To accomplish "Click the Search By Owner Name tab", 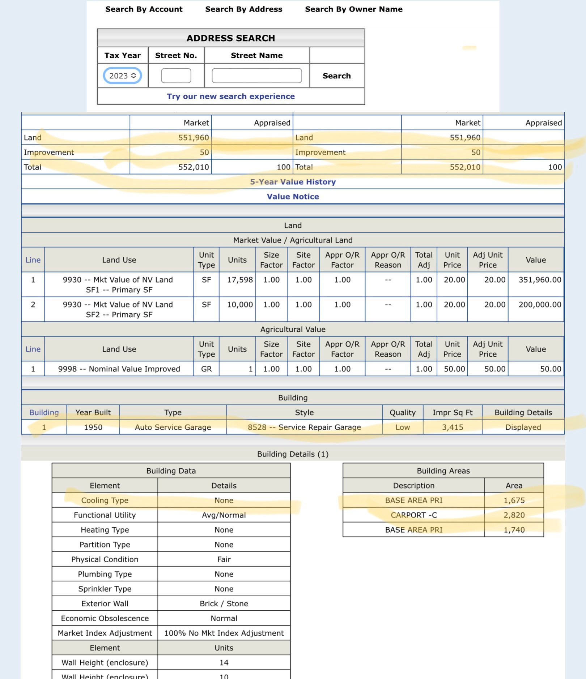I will click(353, 9).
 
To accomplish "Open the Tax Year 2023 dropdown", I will click(122, 76).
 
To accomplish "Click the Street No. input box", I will click(176, 76).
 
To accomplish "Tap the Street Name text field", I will click(256, 76).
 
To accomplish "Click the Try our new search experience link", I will click(231, 96).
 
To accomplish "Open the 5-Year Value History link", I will click(293, 182).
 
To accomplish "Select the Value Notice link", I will click(293, 197).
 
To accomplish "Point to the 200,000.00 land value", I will click(540, 305).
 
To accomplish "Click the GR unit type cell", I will click(206, 369).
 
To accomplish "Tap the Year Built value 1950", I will click(93, 427).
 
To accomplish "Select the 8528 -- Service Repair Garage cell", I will click(304, 427).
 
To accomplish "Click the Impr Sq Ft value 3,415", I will click(452, 427).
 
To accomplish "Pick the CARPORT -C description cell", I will click(413, 515).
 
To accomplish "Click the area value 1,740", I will click(514, 530).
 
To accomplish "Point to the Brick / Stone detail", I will click(224, 603).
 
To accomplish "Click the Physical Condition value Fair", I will click(224, 559).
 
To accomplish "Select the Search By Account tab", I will click(144, 9).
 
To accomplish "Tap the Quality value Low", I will click(402, 427).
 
